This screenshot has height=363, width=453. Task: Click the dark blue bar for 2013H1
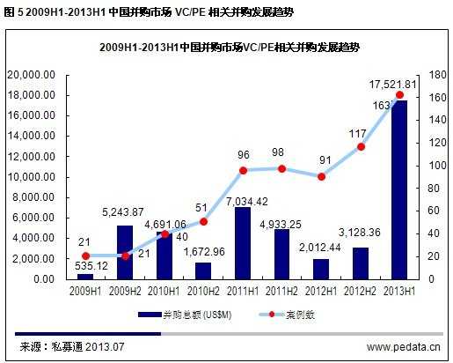tap(399, 189)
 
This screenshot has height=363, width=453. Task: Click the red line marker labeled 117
tap(359, 146)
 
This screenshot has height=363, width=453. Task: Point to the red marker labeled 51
tap(203, 221)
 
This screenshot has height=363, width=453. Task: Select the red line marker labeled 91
tap(321, 176)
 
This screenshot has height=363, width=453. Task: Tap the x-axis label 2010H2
tap(202, 289)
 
